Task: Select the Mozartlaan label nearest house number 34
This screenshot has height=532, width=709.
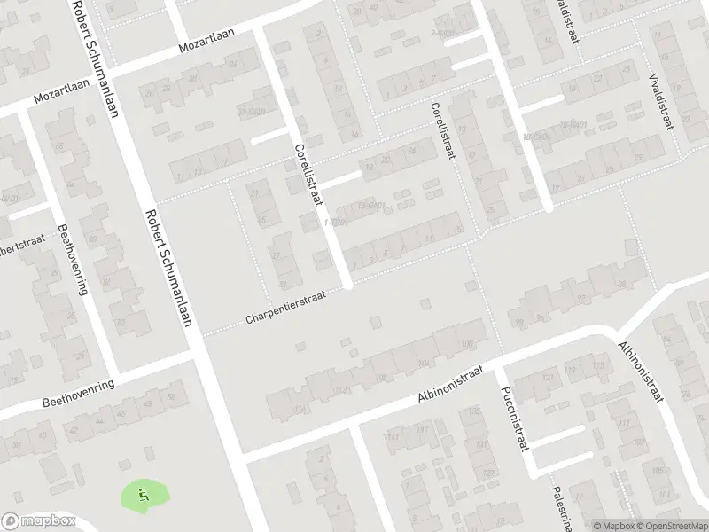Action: [209, 45]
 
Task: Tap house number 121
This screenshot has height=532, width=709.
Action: [484, 443]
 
